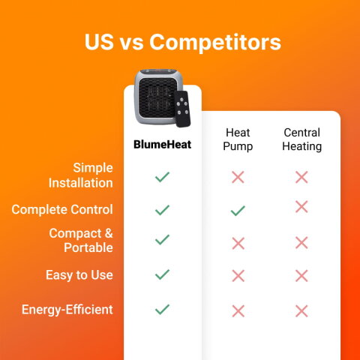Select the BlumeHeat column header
click(162, 143)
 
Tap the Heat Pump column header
click(238, 139)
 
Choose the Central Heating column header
click(301, 139)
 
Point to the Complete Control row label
click(62, 209)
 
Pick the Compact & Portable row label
click(81, 240)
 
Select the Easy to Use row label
click(79, 274)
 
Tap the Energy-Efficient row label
click(67, 309)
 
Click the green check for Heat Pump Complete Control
click(238, 211)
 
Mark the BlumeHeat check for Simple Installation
click(162, 177)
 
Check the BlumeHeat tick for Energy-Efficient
click(162, 309)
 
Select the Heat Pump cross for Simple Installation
click(238, 177)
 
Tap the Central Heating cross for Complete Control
click(301, 206)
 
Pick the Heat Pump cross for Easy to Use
click(238, 275)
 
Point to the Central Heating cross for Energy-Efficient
click(301, 310)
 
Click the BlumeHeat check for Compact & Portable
click(162, 240)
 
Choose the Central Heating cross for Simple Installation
click(301, 177)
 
